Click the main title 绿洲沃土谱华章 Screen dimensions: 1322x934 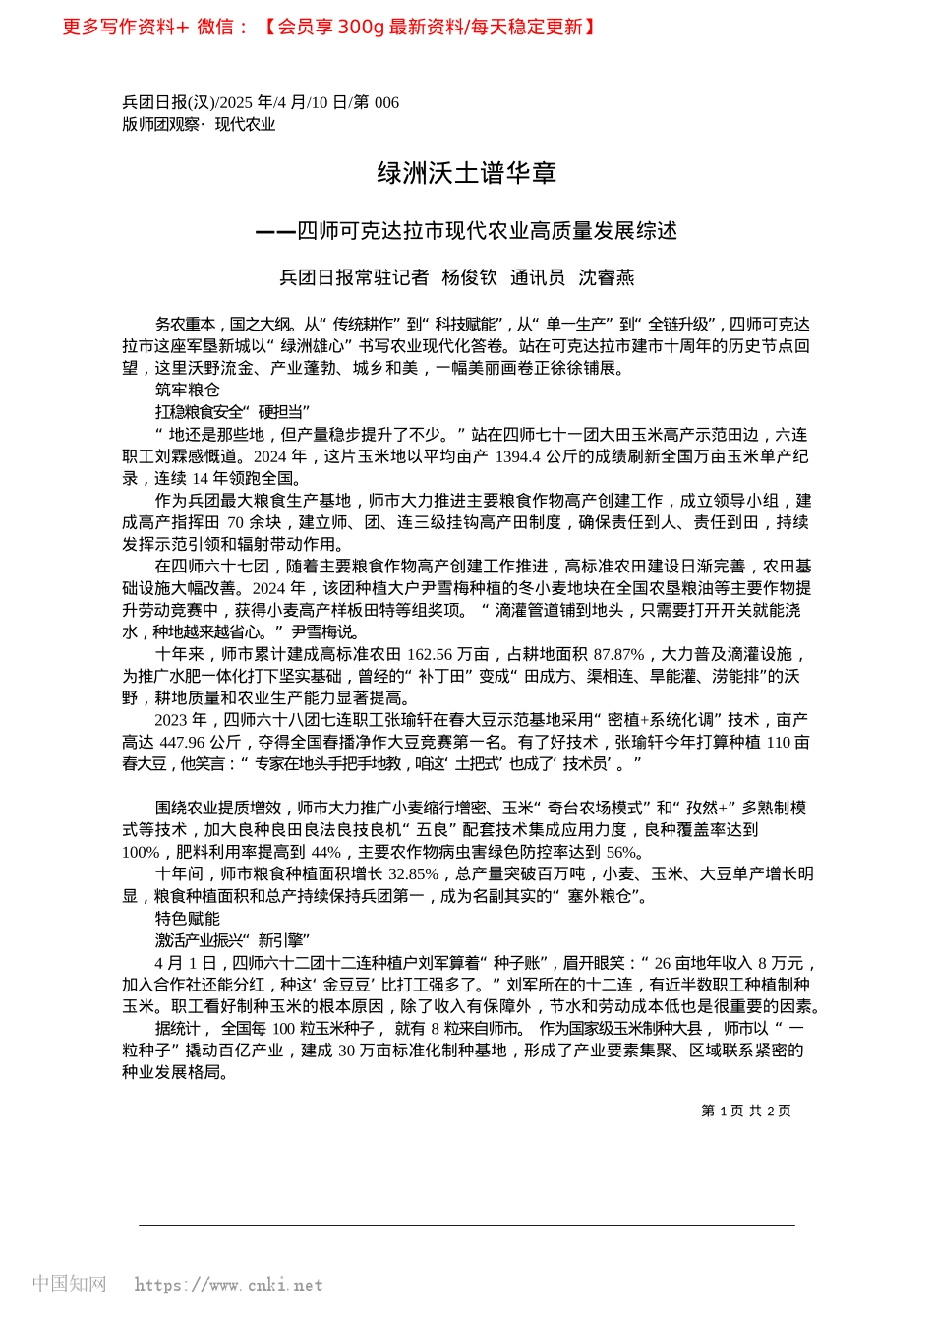point(467,174)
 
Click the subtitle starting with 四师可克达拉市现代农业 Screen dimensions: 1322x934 point(487,231)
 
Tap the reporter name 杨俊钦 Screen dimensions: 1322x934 point(469,277)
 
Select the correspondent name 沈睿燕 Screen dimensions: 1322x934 point(606,277)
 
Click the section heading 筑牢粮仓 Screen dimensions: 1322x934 point(187,390)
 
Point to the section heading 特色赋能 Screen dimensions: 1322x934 point(187,918)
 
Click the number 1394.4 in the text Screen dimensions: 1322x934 point(517,456)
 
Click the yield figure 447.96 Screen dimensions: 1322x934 point(192,742)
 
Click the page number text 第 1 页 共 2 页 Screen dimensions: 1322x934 point(745,1111)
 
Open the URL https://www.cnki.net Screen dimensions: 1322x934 point(228,1285)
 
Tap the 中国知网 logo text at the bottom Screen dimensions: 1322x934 point(69,1284)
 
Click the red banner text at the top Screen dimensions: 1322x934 point(329,27)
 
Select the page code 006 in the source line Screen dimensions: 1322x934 point(386,102)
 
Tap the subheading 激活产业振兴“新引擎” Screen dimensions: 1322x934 point(232,940)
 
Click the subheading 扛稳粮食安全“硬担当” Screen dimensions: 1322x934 point(232,412)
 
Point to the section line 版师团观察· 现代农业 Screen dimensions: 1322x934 point(199,124)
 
